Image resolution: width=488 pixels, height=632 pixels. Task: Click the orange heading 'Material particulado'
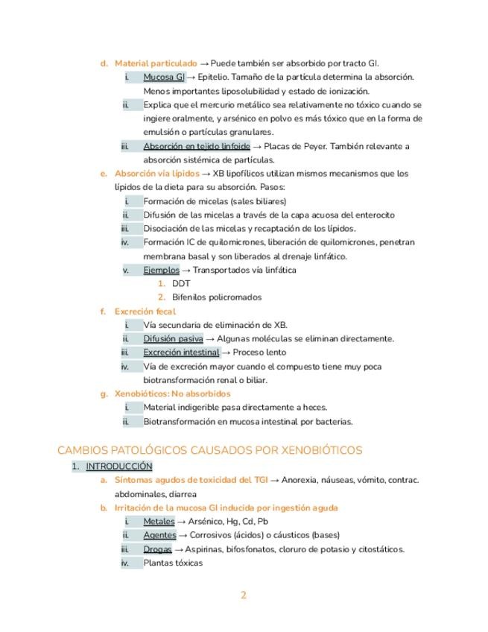click(156, 63)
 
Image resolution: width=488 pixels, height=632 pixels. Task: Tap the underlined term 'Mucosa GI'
click(164, 77)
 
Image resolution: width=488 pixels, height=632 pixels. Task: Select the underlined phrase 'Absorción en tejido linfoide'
click(197, 146)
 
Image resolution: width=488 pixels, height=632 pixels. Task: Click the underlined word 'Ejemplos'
click(161, 270)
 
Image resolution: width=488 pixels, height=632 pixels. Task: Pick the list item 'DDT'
click(181, 283)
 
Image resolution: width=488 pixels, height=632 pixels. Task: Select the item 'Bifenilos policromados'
click(216, 297)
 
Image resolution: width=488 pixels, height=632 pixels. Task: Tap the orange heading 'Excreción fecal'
click(145, 312)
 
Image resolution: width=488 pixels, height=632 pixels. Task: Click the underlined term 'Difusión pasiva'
click(173, 338)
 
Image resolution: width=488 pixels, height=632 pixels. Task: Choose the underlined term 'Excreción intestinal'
click(181, 352)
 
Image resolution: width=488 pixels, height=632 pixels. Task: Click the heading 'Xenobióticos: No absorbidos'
click(172, 394)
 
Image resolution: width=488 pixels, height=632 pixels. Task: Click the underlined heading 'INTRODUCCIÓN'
click(119, 467)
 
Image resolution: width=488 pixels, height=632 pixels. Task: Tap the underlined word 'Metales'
click(159, 522)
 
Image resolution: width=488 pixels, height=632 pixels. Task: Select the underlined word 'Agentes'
click(159, 535)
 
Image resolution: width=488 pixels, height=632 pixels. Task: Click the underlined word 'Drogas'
click(157, 549)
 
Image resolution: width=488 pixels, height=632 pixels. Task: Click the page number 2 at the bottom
click(243, 595)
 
